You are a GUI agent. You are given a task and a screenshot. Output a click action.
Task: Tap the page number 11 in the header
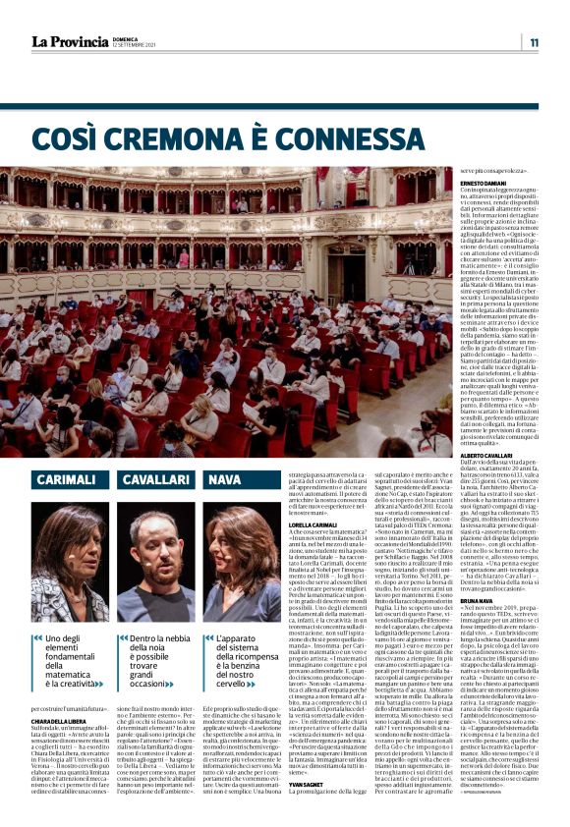coord(534,42)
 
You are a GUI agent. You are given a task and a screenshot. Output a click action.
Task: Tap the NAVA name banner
coord(226,478)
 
